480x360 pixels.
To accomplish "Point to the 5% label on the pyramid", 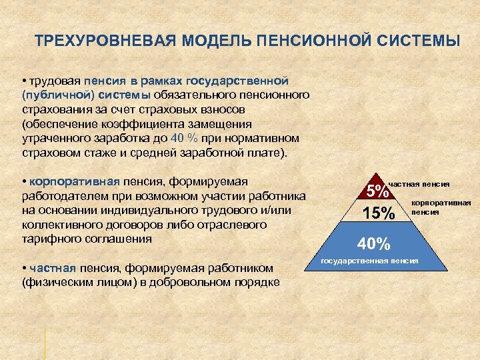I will pyautogui.click(x=378, y=191).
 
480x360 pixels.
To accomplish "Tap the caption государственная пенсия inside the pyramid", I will pyautogui.click(x=369, y=260).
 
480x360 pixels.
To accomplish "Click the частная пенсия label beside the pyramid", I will pyautogui.click(x=419, y=183).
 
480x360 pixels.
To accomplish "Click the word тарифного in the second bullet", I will pyautogui.click(x=51, y=238).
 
